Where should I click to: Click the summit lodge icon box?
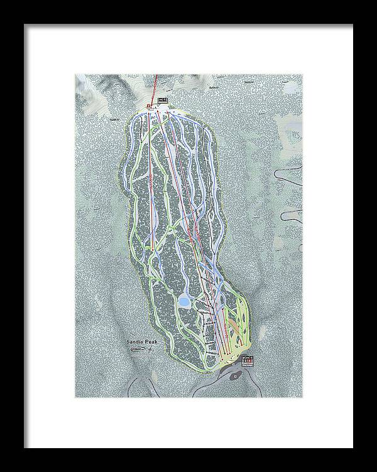point(163,99)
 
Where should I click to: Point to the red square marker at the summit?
point(149,105)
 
